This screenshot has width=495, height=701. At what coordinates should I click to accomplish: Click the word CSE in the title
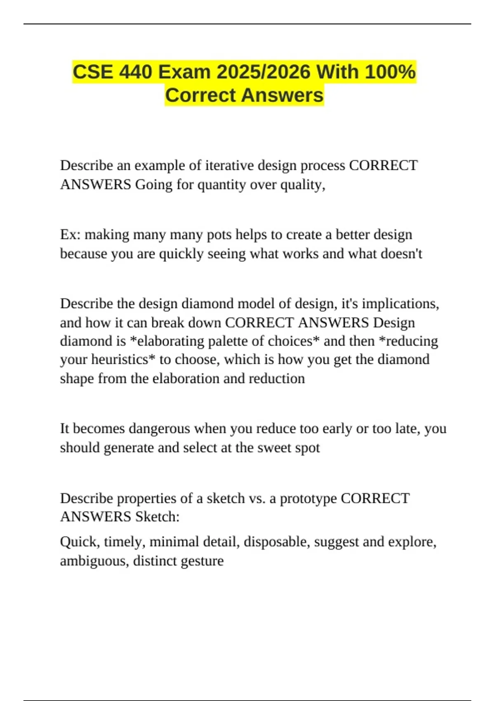[93, 72]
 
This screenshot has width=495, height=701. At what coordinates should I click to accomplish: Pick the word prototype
[308, 499]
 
